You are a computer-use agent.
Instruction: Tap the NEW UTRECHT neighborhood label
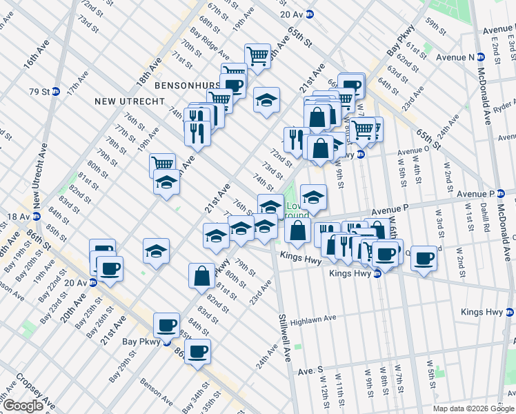[x=130, y=101]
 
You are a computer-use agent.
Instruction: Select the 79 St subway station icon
[x=56, y=91]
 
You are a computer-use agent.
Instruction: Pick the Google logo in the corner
[x=23, y=406]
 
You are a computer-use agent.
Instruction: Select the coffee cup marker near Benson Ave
[x=198, y=351]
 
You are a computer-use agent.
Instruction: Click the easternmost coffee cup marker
[x=424, y=258]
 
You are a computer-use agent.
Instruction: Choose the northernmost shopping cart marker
[x=257, y=55]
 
